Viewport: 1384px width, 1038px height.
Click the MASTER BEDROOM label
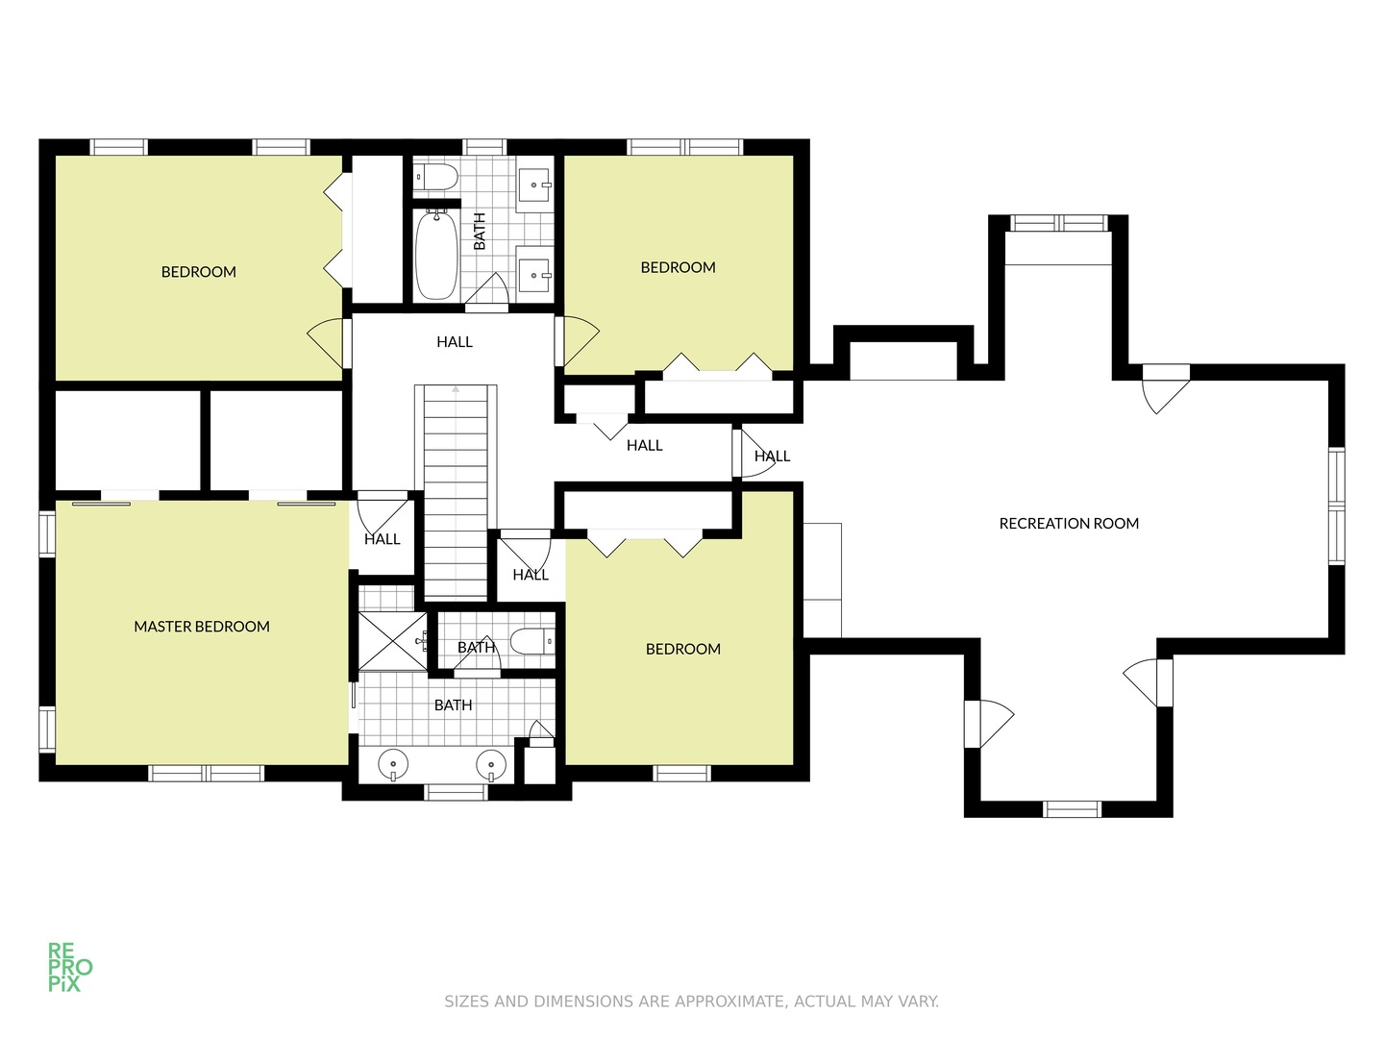pyautogui.click(x=202, y=627)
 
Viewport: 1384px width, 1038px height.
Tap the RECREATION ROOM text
pyautogui.click(x=1069, y=524)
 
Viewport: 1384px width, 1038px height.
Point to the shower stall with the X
pyautogui.click(x=392, y=641)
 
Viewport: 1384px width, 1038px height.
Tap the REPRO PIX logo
pyautogui.click(x=70, y=967)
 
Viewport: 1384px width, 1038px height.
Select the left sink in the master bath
pyautogui.click(x=393, y=766)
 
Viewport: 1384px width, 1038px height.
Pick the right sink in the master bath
pyautogui.click(x=492, y=766)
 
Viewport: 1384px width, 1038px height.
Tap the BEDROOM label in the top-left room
pyautogui.click(x=199, y=272)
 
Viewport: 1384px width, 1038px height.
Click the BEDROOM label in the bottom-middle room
pyautogui.click(x=683, y=650)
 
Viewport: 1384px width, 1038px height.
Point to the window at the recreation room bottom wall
pyautogui.click(x=1072, y=808)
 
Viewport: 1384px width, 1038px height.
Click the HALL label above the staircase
pyautogui.click(x=455, y=342)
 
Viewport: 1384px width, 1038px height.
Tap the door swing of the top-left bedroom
pyautogui.click(x=327, y=342)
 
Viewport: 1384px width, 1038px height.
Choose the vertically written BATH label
pyautogui.click(x=480, y=232)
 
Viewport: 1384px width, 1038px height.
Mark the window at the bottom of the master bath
pyautogui.click(x=457, y=792)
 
